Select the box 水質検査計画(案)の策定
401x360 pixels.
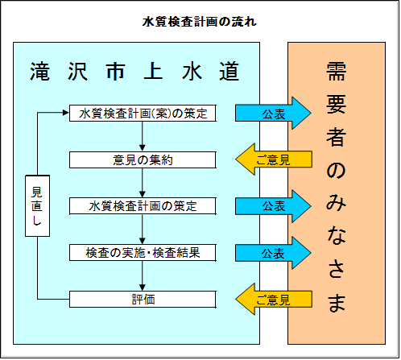(x=143, y=113)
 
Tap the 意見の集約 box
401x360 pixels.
(x=143, y=159)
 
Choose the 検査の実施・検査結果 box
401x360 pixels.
(x=143, y=253)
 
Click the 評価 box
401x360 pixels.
(x=143, y=300)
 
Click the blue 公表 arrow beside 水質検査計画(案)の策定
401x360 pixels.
(x=273, y=113)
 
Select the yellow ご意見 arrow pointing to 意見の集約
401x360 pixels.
(x=273, y=159)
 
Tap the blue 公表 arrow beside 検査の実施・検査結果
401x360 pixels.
(x=273, y=253)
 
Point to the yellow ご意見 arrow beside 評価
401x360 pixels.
(x=273, y=300)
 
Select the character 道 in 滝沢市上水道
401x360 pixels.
(x=229, y=71)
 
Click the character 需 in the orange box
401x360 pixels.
(x=337, y=74)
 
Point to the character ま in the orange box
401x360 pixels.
(x=337, y=303)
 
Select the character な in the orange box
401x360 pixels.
(x=337, y=238)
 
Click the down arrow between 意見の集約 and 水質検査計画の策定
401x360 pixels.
(x=143, y=183)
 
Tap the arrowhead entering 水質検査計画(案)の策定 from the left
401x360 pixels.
(x=64, y=113)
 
